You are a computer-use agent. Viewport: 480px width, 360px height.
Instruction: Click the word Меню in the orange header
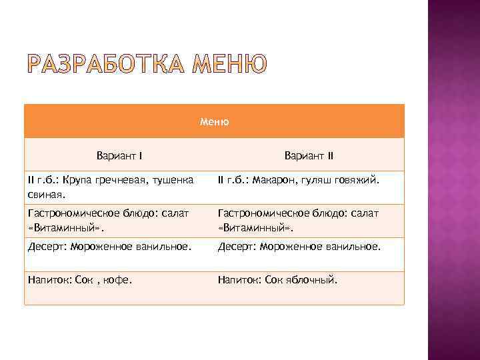(214, 122)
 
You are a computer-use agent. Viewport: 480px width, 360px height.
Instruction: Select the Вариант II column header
(309, 156)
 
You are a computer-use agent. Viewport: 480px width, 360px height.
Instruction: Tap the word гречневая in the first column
(124, 180)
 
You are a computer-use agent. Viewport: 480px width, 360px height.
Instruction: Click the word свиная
(46, 195)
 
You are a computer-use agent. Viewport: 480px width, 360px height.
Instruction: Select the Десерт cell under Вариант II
(299, 247)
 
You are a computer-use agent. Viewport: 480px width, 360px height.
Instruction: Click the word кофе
(118, 280)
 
